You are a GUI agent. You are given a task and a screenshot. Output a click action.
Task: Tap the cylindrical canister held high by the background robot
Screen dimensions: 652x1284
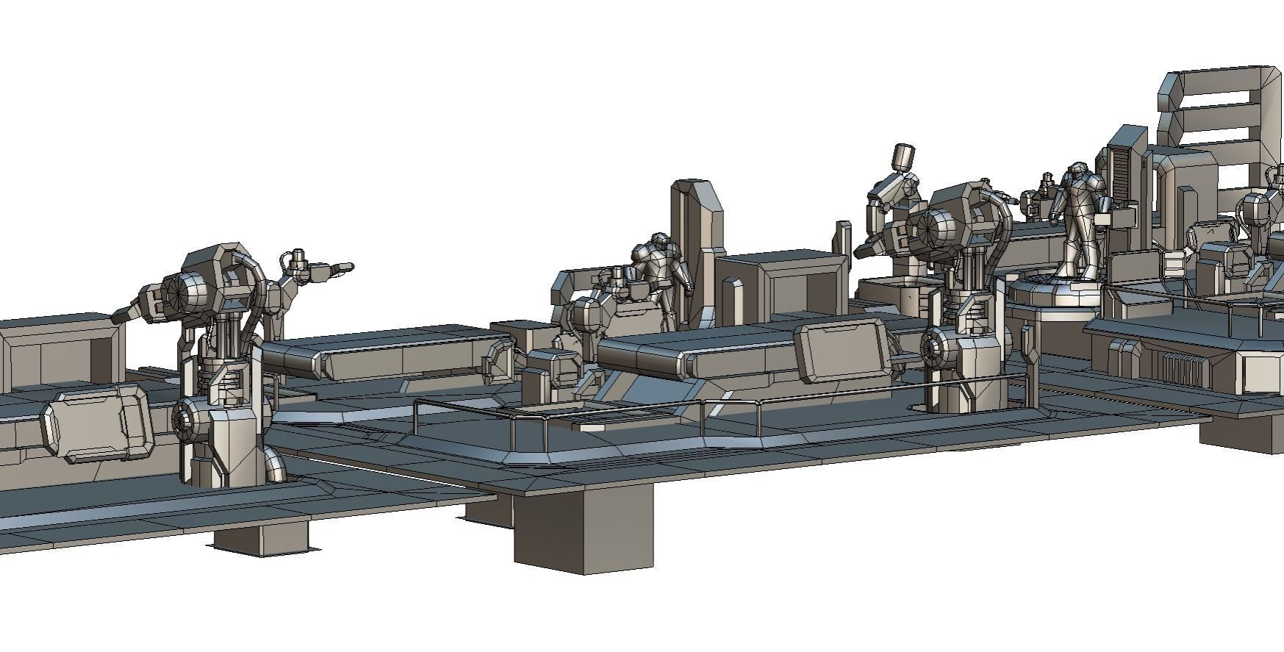[903, 158]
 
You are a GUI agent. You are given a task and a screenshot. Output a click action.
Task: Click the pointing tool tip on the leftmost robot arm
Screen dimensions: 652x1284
[342, 268]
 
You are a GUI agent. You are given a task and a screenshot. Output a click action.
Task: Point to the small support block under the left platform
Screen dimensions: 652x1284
[262, 540]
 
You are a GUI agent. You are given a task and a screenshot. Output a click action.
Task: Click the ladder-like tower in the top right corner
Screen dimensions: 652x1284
[1220, 118]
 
